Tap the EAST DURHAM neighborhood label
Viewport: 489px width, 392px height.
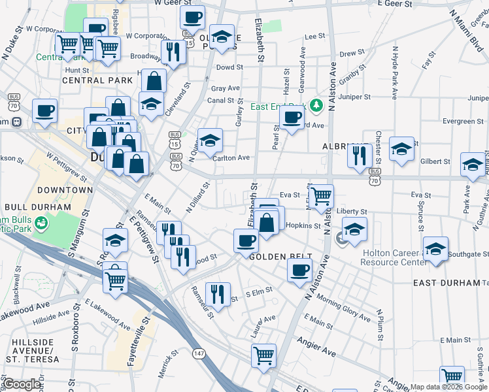447,283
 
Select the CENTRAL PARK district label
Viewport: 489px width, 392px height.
92,80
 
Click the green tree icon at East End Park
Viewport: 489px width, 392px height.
316,105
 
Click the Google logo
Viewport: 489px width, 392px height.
21,385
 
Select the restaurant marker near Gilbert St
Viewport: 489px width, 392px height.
360,155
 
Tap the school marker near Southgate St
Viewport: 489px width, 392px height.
435,248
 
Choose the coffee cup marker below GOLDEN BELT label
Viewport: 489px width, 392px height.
299,270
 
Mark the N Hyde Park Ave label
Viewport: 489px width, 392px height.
394,73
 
